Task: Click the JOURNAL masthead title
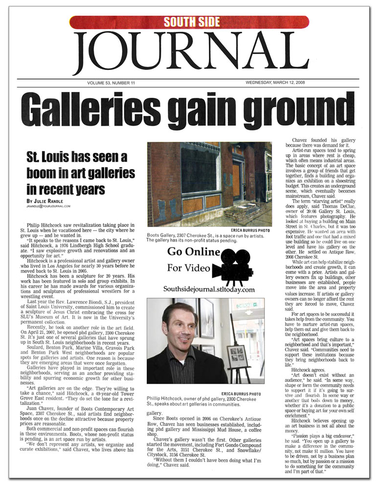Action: click(x=190, y=53)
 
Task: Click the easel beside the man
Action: click(x=241, y=357)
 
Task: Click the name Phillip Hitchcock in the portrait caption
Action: click(x=170, y=399)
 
